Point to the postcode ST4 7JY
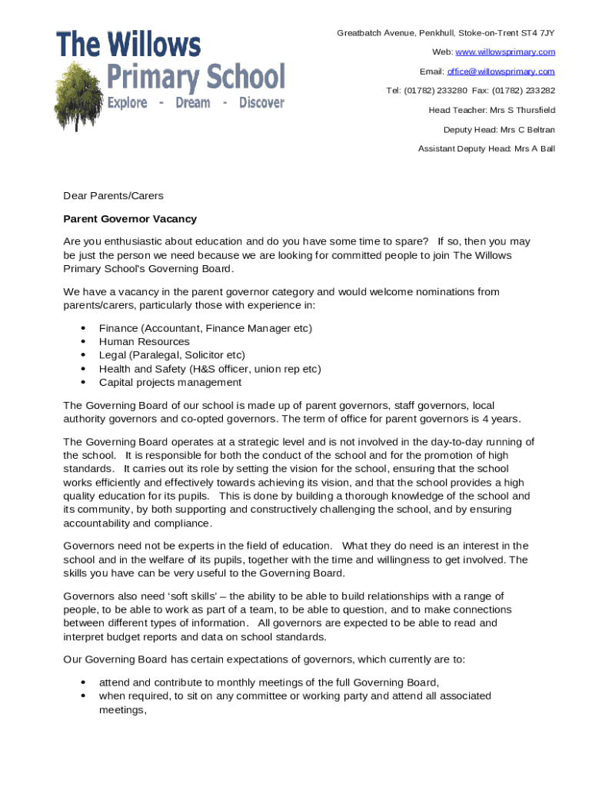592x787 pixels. tap(537, 32)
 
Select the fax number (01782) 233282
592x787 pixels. tap(525, 91)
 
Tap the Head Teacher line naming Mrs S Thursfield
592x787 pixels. tap(491, 110)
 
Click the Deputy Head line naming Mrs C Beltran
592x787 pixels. tap(499, 130)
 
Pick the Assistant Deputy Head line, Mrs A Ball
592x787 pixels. tap(486, 149)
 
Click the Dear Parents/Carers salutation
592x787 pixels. tap(113, 196)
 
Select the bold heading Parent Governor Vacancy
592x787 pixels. tap(130, 219)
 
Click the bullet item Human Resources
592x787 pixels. tap(144, 341)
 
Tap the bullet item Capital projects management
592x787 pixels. tap(170, 382)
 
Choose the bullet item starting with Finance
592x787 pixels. tap(205, 328)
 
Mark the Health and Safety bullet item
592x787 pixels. tap(210, 369)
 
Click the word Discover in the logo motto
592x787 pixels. tap(261, 103)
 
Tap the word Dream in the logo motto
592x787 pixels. tap(192, 103)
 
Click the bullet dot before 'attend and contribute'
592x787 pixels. tap(82, 682)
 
